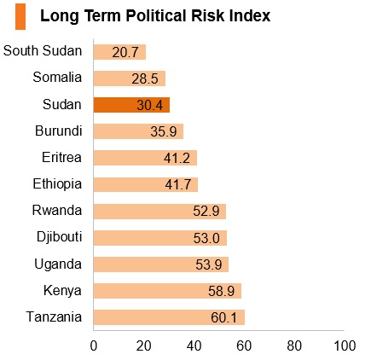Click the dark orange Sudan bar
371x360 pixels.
click(131, 105)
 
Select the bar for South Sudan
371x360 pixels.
click(119, 52)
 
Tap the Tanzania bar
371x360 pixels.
click(169, 317)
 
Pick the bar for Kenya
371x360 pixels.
click(167, 291)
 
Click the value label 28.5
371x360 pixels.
click(145, 78)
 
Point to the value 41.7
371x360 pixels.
click(178, 185)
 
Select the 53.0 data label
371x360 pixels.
click(206, 238)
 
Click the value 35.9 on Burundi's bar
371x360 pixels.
click(164, 131)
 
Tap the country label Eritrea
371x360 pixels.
click(61, 157)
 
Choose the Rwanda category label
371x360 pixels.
click(57, 211)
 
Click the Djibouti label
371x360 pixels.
click(60, 237)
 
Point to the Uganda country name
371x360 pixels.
click(58, 264)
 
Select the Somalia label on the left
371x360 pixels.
click(57, 77)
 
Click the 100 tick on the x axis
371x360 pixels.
click(345, 346)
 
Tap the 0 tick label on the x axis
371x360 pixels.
click(94, 346)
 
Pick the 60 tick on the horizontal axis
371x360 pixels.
click(244, 346)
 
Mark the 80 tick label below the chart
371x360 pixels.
click(294, 346)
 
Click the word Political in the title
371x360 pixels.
click(156, 15)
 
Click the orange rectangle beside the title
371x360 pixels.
click(20, 16)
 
